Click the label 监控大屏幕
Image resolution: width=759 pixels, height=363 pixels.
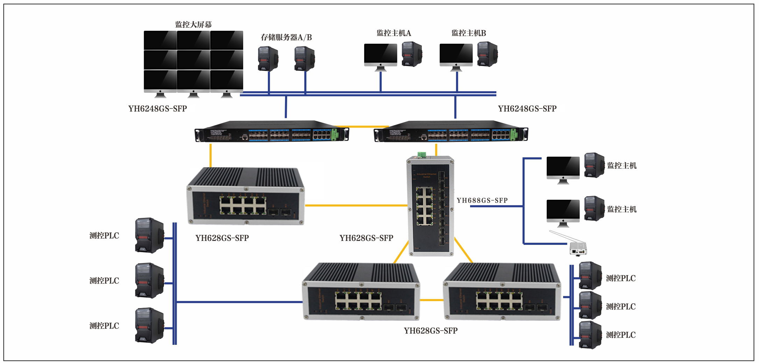193,24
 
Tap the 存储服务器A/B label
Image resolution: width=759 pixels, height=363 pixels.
286,37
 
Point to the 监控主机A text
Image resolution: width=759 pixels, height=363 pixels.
393,33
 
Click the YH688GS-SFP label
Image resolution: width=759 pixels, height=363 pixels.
482,200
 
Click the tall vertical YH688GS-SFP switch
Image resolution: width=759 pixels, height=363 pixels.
431,206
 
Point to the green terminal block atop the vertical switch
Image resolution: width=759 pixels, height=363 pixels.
421,154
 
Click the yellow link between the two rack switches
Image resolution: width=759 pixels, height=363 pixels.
362,127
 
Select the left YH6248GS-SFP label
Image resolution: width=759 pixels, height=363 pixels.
157,109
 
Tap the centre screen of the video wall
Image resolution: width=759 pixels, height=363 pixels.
193,60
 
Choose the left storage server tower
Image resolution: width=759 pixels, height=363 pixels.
268,58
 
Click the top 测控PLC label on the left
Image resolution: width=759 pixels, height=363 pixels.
104,236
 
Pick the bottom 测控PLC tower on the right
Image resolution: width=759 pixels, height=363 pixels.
590,335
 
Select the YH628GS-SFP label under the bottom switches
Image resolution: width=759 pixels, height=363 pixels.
431,331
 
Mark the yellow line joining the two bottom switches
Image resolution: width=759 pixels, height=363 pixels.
431,300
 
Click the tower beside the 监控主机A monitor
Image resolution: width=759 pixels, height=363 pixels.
412,54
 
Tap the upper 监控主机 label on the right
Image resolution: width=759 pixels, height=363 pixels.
622,166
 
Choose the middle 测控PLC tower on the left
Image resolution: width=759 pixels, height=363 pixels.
149,281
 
